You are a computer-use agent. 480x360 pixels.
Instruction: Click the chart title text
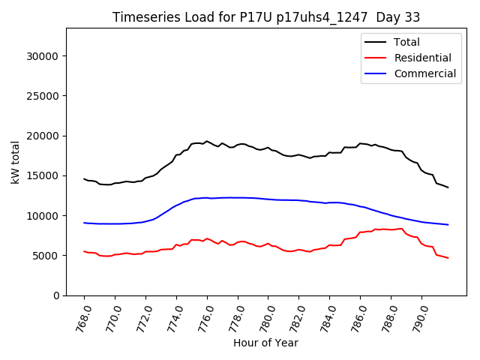click(266, 17)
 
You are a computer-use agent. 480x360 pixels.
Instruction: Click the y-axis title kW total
click(16, 161)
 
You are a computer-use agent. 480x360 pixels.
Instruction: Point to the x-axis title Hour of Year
click(265, 343)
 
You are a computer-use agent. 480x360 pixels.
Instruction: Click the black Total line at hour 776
click(207, 141)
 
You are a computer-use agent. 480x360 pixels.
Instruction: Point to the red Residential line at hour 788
click(391, 229)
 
